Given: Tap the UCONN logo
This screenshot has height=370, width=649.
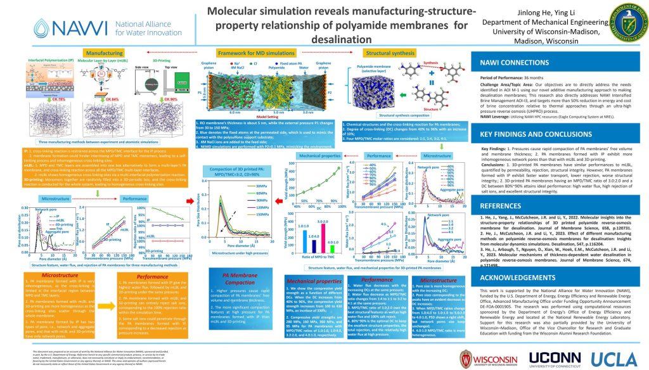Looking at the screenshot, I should click(x=558, y=354).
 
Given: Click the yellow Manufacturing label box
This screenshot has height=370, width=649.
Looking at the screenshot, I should click(x=105, y=53).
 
